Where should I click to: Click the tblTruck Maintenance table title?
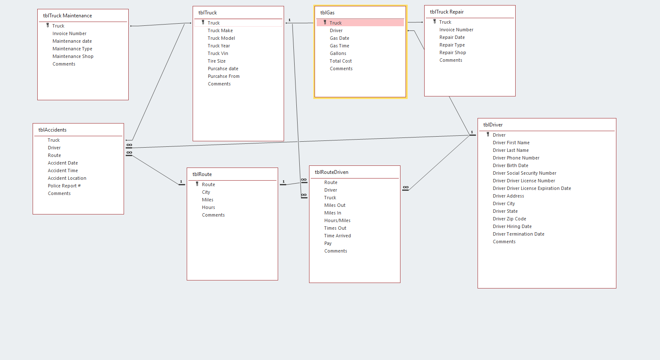pyautogui.click(x=67, y=16)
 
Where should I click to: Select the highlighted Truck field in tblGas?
pyautogui.click(x=336, y=23)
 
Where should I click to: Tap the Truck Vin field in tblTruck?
pyautogui.click(x=218, y=53)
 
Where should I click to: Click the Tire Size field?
pyautogui.click(x=217, y=61)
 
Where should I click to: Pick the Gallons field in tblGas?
pyautogui.click(x=338, y=53)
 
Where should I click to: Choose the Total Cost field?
pyautogui.click(x=341, y=61)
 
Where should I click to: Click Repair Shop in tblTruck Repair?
pyautogui.click(x=453, y=52)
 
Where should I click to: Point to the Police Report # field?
pyautogui.click(x=64, y=186)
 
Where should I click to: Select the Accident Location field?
pyautogui.click(x=67, y=178)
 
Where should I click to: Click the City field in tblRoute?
pyautogui.click(x=206, y=192)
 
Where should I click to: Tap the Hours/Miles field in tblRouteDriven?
pyautogui.click(x=337, y=220)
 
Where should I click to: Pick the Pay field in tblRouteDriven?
pyautogui.click(x=328, y=243)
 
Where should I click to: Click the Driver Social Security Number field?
pyautogui.click(x=525, y=173)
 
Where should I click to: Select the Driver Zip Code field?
pyautogui.click(x=509, y=219)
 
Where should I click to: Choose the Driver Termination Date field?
pyautogui.click(x=519, y=234)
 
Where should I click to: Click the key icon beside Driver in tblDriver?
pyautogui.click(x=488, y=135)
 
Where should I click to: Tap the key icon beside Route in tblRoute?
pyautogui.click(x=197, y=184)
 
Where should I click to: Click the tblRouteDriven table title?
pyautogui.click(x=331, y=172)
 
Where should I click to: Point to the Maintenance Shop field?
pyautogui.click(x=73, y=56)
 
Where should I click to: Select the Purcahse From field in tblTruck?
pyautogui.click(x=224, y=76)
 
